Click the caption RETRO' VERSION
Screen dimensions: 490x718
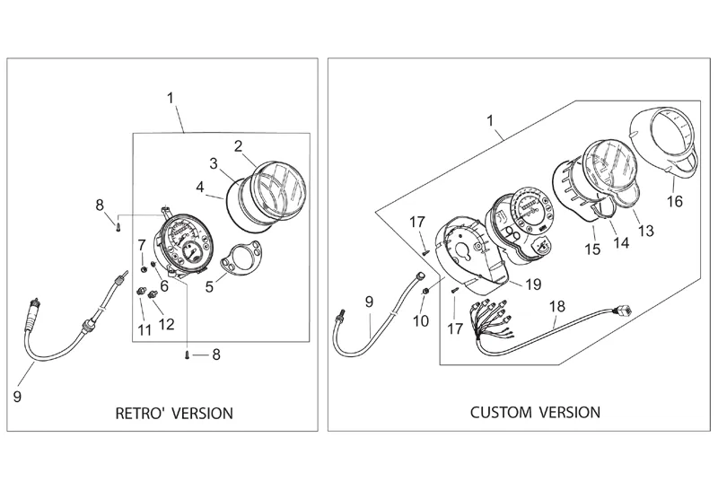174,414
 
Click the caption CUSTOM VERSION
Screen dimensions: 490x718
536,413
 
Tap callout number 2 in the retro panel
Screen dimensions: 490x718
239,145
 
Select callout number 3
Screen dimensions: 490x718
215,163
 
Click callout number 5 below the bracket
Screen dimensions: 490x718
210,288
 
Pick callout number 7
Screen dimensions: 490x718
141,244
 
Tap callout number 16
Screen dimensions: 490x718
675,201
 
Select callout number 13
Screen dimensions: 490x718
644,232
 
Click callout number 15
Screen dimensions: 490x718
592,248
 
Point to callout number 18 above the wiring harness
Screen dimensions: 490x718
557,306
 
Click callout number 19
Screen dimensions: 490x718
533,284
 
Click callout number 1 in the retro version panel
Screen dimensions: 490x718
171,98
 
